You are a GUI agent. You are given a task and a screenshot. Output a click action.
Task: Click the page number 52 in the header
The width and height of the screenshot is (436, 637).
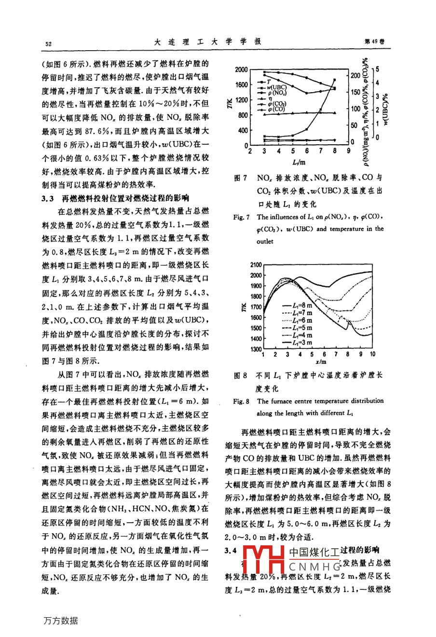[x=48, y=44]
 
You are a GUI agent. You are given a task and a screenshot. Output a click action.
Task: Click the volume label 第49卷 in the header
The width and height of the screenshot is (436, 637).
[x=376, y=42]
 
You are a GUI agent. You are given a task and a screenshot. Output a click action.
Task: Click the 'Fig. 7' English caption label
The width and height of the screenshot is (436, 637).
[x=242, y=217]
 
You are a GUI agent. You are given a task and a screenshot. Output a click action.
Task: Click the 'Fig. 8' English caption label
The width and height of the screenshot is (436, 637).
[x=241, y=401]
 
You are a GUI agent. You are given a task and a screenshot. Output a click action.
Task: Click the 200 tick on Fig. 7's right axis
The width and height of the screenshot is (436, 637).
[x=355, y=75]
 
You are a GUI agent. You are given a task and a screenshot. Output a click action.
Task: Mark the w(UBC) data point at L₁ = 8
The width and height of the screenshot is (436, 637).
[x=335, y=80]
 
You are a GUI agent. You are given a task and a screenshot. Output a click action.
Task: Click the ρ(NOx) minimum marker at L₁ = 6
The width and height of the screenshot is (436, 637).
[x=306, y=92]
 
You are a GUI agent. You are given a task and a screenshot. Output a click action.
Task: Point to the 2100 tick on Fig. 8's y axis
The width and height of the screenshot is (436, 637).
[x=256, y=264]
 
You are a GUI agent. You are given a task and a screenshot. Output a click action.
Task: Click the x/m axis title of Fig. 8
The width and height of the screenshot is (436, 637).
[x=320, y=361]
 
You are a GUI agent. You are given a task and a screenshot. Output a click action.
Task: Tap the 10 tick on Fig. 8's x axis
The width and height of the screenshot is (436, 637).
[x=372, y=354]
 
